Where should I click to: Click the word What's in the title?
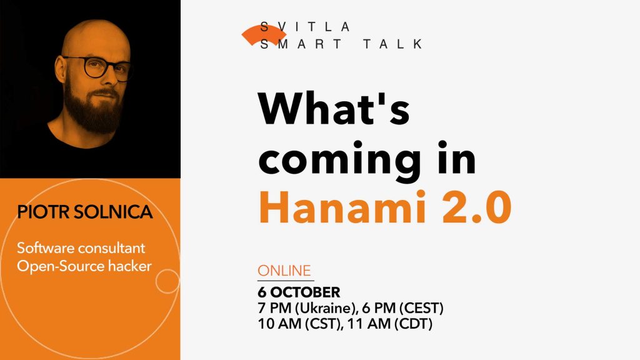(334, 110)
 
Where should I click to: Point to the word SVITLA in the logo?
(306, 27)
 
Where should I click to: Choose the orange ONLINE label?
(284, 271)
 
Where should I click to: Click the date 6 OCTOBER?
(299, 292)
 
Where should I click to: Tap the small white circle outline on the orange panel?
(167, 281)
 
